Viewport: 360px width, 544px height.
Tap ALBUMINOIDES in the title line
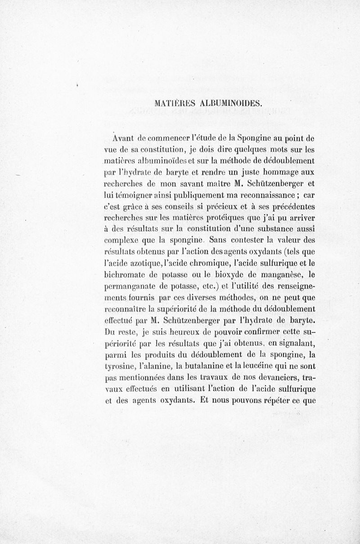[229, 103]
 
